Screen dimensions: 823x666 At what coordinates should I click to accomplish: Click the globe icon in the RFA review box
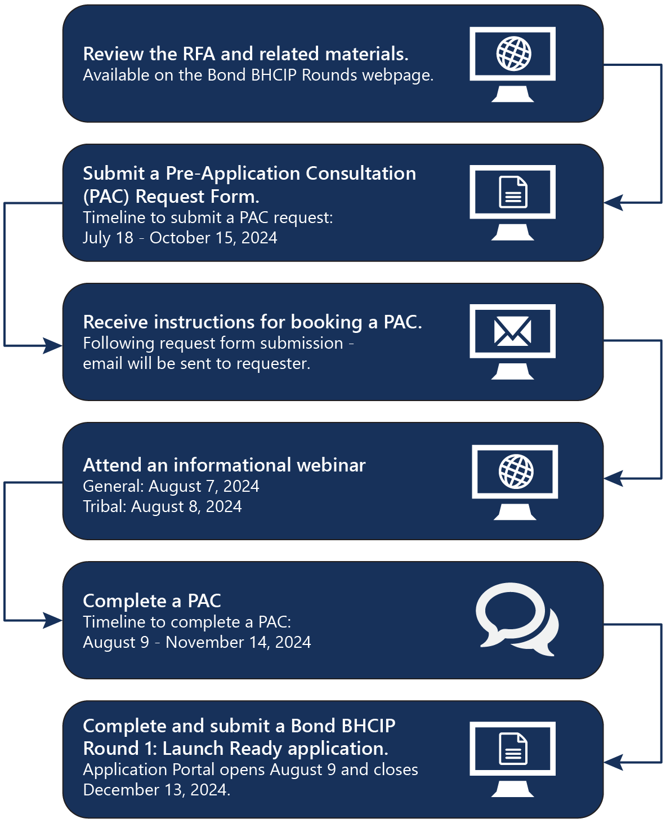click(513, 54)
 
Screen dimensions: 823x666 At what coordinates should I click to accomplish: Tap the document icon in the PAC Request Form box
click(513, 192)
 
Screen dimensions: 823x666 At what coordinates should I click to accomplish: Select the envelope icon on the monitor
click(512, 331)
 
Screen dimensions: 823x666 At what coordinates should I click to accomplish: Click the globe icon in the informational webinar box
click(516, 471)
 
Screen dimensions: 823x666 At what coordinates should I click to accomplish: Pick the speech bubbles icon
click(517, 619)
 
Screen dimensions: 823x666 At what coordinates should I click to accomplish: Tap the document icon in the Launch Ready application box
click(513, 749)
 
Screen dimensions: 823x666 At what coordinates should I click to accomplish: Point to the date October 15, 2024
click(213, 238)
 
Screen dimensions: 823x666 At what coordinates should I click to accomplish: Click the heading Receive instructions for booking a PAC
click(252, 322)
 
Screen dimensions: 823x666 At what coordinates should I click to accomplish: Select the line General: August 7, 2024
click(171, 486)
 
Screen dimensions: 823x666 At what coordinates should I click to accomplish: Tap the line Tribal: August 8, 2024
click(162, 506)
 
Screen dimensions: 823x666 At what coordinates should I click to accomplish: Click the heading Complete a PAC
click(152, 600)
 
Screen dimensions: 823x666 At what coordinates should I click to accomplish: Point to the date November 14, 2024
click(238, 642)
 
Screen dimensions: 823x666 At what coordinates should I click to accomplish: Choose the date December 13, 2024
click(157, 790)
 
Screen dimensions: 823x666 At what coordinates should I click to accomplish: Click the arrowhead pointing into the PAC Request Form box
click(614, 202)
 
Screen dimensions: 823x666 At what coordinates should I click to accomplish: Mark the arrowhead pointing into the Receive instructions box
click(52, 345)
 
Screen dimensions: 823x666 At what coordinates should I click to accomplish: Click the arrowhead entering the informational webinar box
click(614, 478)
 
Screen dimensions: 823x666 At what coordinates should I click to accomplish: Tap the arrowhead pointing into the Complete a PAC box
click(52, 621)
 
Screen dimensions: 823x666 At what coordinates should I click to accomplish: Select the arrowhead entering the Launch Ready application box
click(614, 762)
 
